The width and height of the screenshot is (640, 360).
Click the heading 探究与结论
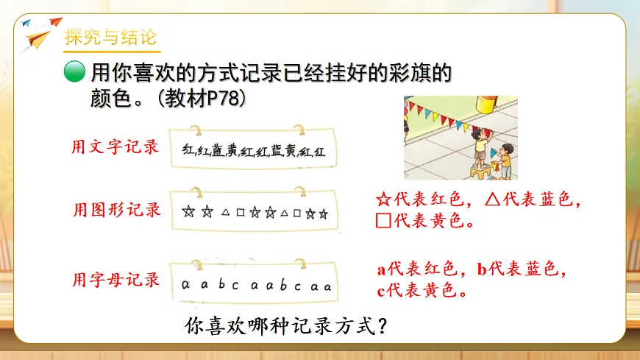click(x=110, y=37)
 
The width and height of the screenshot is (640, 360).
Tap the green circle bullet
click(x=74, y=72)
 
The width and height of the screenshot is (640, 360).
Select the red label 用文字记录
click(x=115, y=147)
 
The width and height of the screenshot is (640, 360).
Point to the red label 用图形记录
click(x=115, y=210)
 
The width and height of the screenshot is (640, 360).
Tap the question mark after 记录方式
click(x=382, y=325)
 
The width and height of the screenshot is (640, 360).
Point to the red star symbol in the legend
click(x=383, y=200)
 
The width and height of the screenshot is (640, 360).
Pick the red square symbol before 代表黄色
click(x=383, y=220)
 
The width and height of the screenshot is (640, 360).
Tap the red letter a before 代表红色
click(x=382, y=269)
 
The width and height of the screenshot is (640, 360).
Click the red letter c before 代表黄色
click(x=381, y=292)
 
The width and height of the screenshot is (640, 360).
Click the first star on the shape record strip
click(x=188, y=213)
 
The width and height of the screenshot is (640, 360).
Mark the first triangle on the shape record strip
click(x=224, y=213)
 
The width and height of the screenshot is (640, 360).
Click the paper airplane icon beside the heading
click(x=37, y=33)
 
